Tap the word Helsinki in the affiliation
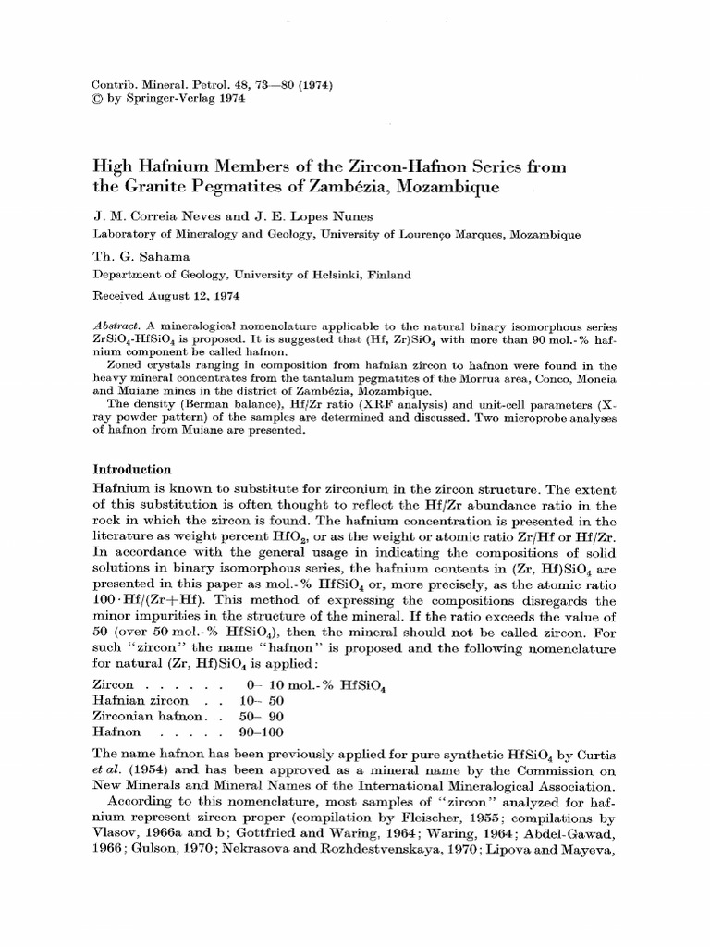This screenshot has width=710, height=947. [324, 275]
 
